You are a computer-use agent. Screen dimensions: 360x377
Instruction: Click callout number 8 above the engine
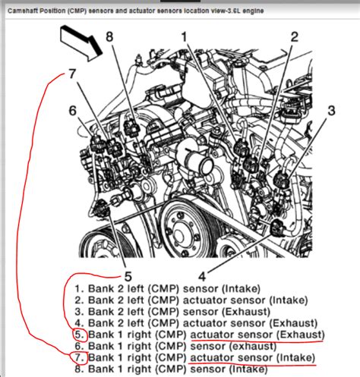coord(109,36)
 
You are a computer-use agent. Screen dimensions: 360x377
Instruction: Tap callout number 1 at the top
coord(184,37)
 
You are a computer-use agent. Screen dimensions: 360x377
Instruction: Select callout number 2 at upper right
coord(294,37)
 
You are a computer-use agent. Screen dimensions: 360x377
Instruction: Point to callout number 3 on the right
coord(331,111)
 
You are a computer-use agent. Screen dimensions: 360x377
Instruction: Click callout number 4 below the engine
coord(202,276)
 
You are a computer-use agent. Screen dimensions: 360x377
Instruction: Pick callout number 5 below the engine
coord(128,276)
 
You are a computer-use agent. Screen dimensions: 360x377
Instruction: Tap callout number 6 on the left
coord(73,111)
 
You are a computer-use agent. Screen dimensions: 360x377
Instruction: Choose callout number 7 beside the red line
coord(72,74)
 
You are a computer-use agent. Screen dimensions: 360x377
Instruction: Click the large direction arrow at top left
coord(81,43)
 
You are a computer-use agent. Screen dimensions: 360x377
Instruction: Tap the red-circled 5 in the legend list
coord(79,335)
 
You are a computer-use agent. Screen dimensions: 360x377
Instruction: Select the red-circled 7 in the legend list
coord(79,357)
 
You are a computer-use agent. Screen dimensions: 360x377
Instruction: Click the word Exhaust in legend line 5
coord(301,335)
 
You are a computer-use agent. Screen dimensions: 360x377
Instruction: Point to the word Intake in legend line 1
coord(242,288)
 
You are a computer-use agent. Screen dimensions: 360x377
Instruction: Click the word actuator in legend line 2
coord(201,300)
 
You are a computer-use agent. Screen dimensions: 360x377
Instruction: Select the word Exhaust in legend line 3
coord(246,312)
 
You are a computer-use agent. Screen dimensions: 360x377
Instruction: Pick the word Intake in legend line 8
coord(248,369)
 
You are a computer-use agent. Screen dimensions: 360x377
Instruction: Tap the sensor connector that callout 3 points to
coord(282,180)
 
